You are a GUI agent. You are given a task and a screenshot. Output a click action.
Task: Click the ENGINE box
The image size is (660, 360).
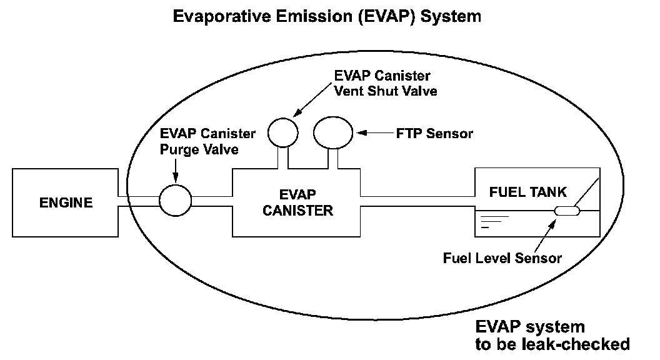point(66,202)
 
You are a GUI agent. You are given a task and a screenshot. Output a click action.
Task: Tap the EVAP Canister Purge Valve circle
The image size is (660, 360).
point(175,201)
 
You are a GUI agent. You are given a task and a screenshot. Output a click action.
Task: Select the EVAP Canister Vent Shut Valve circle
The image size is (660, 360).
point(282,132)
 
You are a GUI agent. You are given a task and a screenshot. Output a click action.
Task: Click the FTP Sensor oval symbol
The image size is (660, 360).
point(333,132)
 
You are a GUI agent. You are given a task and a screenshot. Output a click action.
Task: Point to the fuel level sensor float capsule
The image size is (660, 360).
point(567,211)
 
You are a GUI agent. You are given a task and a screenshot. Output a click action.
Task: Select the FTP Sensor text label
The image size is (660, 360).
point(434,133)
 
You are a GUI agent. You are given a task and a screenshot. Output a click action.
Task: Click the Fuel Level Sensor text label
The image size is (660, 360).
point(502,257)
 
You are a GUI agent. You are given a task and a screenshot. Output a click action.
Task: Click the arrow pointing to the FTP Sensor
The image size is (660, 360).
point(373,132)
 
